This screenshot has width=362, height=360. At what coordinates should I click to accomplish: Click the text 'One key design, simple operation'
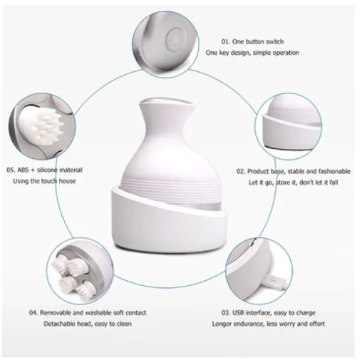tap(252, 52)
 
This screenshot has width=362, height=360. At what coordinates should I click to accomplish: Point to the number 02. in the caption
tap(242, 171)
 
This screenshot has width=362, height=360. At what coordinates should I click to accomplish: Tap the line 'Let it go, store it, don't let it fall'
tap(294, 184)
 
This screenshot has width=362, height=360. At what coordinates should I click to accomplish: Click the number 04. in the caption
tap(33, 312)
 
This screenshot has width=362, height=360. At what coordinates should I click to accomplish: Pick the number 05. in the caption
tap(11, 170)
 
